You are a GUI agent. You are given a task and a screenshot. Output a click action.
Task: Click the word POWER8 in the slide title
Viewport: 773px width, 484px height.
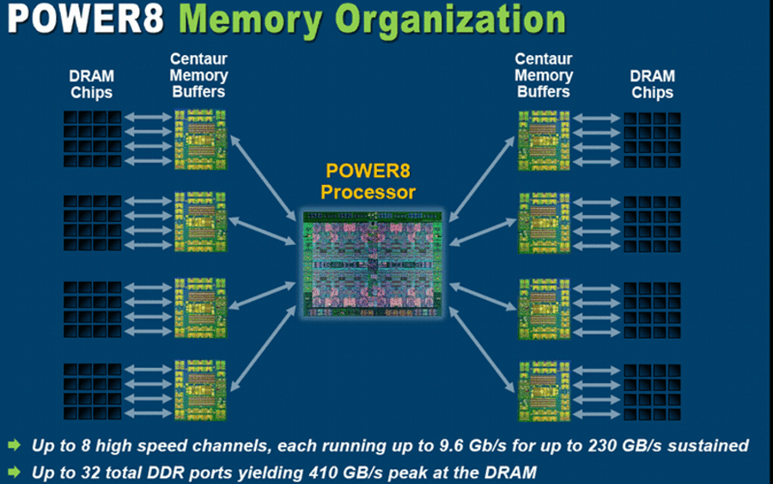click(85, 18)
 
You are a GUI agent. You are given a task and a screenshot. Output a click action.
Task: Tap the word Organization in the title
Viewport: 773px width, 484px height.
click(451, 21)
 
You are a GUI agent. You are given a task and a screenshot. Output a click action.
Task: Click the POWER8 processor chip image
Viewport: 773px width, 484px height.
click(372, 263)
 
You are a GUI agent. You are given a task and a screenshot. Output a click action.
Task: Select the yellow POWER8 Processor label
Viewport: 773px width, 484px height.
click(368, 181)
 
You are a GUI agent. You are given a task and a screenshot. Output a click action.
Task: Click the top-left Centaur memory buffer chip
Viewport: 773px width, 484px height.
click(200, 139)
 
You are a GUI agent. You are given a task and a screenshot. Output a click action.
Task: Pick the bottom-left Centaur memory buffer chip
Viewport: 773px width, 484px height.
click(200, 390)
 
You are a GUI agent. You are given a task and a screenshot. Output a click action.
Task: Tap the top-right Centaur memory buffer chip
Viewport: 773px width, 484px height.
click(544, 141)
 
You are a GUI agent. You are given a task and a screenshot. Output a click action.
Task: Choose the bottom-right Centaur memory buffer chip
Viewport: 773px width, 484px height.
click(544, 391)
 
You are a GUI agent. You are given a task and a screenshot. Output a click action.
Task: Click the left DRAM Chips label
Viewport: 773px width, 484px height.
click(91, 84)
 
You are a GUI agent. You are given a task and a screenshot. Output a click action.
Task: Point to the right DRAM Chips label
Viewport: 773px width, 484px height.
click(652, 84)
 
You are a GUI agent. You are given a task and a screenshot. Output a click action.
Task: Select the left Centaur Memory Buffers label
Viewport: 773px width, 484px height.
click(198, 76)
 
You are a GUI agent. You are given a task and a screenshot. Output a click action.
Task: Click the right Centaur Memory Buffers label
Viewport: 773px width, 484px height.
click(544, 76)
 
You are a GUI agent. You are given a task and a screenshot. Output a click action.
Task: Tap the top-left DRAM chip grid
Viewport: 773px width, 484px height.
click(92, 138)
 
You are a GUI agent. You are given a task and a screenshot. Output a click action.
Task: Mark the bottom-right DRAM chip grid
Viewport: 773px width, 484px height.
click(652, 392)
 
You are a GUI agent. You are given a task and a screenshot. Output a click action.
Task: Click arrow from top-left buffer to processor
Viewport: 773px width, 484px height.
click(263, 178)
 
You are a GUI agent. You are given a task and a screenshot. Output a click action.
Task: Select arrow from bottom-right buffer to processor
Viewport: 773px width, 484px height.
click(482, 349)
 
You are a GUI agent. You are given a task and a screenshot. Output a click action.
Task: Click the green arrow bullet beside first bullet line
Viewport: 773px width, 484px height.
click(15, 445)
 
